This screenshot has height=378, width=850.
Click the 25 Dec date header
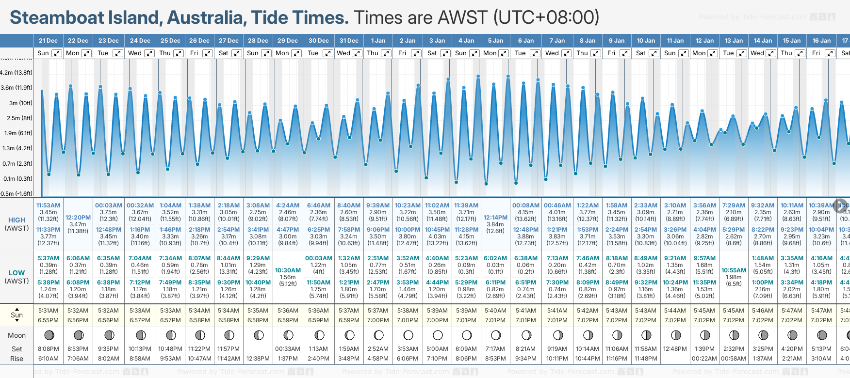click(x=170, y=41)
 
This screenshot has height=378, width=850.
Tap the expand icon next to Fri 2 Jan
click(x=416, y=53)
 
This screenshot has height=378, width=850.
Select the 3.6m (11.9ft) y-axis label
click(x=16, y=88)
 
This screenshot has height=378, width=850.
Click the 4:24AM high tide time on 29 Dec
click(x=288, y=205)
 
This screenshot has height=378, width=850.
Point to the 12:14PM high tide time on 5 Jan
click(x=495, y=218)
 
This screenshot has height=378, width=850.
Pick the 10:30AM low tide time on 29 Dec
click(x=288, y=270)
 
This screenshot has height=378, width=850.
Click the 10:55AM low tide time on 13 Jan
click(x=734, y=270)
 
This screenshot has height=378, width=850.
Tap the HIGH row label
click(x=16, y=220)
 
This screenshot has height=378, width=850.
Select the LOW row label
click(x=16, y=273)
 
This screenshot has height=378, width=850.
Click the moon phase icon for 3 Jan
click(x=437, y=335)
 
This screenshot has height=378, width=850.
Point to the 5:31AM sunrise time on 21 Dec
click(x=48, y=311)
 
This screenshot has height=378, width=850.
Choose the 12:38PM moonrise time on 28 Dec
click(x=258, y=359)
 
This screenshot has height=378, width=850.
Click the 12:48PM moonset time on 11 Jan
click(x=675, y=349)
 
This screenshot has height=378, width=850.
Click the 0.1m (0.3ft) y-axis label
click(x=16, y=179)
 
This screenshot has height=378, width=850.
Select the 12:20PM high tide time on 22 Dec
click(x=78, y=218)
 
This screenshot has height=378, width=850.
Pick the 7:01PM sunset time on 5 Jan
click(x=495, y=320)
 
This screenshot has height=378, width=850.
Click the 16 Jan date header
click(x=822, y=41)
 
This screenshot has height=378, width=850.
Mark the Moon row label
click(x=16, y=335)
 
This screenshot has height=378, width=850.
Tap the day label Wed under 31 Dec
click(x=343, y=53)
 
